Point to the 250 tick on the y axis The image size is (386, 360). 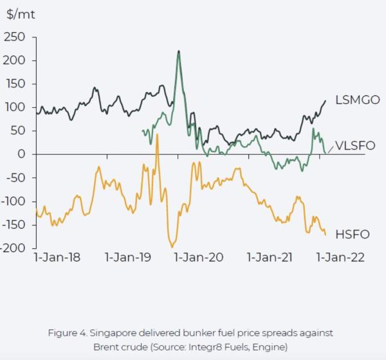[x=15, y=37]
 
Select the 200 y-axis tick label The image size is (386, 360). [x=15, y=61]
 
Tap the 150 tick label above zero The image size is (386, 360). [x=15, y=84]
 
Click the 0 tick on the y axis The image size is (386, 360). [x=21, y=154]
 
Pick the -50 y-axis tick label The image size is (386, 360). [x=15, y=178]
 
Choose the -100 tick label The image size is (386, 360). [x=13, y=201]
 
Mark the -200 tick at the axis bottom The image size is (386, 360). [x=13, y=248]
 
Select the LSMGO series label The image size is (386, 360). [x=358, y=100]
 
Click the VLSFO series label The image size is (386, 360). [x=356, y=146]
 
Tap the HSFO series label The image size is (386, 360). [x=352, y=233]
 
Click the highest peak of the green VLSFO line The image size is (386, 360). [x=178, y=51]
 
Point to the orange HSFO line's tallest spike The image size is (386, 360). [x=157, y=134]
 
